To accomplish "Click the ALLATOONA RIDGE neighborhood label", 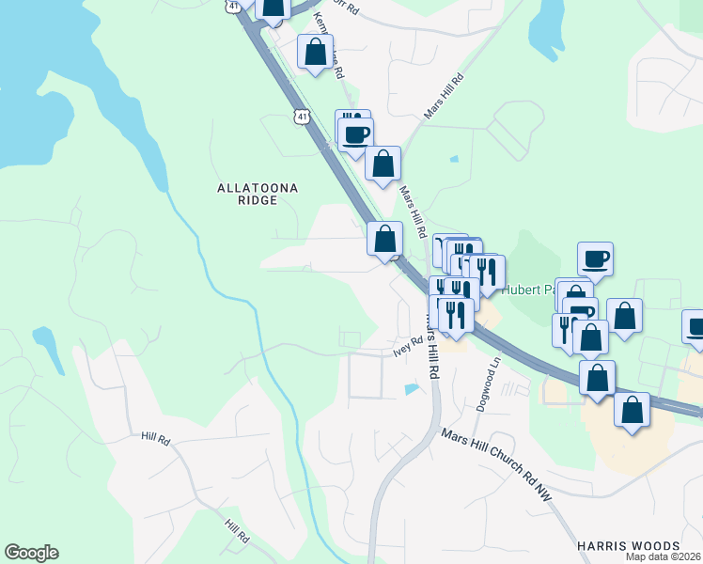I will coord(258,195).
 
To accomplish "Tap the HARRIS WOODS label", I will coord(628,546).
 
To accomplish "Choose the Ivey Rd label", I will coord(409,347).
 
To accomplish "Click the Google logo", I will coord(31,553).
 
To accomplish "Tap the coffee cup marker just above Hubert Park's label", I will coord(595,258).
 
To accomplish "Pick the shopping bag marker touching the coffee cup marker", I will coord(383,163).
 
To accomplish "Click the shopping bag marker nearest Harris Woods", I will coord(633,409).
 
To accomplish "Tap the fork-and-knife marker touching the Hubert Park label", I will coord(487,271).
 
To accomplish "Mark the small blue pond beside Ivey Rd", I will coord(411,388).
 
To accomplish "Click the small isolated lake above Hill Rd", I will coord(45,340).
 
